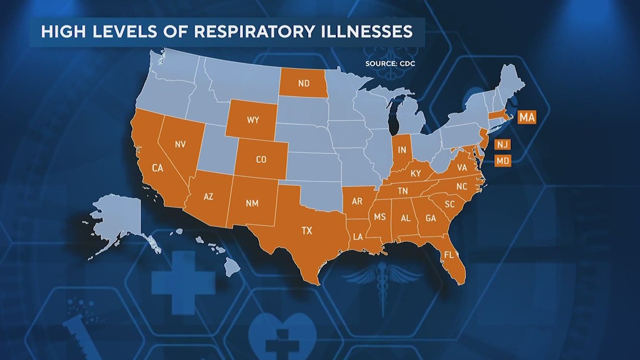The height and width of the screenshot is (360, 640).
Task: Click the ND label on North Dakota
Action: coord(304,84)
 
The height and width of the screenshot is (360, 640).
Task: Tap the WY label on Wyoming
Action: coord(252,120)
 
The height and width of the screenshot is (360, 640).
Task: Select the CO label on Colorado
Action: coord(261,160)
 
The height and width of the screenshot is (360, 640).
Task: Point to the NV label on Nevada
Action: coord(180,144)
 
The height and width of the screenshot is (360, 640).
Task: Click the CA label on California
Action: coord(157,167)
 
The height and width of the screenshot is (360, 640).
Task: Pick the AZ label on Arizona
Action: coord(208,197)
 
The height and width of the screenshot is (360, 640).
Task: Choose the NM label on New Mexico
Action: coord(252,203)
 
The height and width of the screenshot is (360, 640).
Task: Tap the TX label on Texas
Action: coord(307,230)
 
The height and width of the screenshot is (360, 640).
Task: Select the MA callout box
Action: coord(526,117)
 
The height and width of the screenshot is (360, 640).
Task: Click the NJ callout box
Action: coord(502,145)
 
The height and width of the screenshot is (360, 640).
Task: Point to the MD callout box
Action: coord(502,161)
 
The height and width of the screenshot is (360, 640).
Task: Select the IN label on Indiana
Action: coord(402,150)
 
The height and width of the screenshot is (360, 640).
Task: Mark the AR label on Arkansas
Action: coord(356,201)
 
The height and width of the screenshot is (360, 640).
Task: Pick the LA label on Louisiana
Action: coord(358,238)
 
